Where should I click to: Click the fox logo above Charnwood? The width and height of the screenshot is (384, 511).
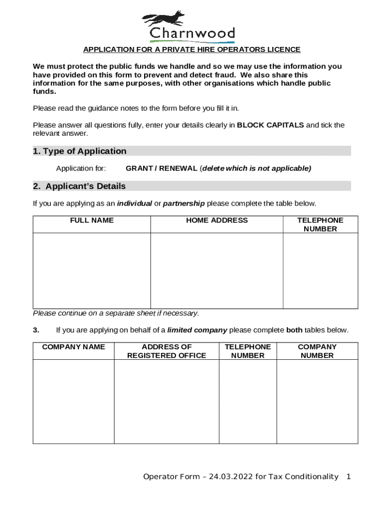click(164, 19)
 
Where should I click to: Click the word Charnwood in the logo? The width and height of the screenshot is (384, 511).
click(192, 34)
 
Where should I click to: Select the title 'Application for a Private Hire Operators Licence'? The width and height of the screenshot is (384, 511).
click(192, 49)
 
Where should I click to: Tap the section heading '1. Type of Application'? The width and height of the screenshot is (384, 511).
click(80, 151)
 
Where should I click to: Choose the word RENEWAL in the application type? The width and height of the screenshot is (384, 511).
click(178, 169)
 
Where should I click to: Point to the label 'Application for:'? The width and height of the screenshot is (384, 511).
click(81, 169)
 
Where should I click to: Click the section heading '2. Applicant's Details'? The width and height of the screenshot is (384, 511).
click(79, 186)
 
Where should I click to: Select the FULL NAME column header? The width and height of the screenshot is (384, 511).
click(92, 220)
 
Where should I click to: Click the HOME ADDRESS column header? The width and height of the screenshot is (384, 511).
click(216, 220)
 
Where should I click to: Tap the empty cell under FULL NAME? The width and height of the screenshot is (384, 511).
click(92, 270)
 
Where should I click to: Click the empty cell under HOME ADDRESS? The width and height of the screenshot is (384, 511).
click(216, 270)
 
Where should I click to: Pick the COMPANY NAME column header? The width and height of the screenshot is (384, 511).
click(73, 347)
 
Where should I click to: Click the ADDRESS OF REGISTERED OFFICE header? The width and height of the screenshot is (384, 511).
click(167, 351)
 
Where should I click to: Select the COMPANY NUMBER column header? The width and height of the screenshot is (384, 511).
click(317, 351)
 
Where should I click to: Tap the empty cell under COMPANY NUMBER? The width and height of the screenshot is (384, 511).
click(317, 401)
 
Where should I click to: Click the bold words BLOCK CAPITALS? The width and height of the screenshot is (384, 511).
click(270, 125)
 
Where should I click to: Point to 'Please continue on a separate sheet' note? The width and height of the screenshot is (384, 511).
click(116, 313)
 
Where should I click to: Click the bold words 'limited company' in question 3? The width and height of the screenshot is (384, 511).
click(197, 330)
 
